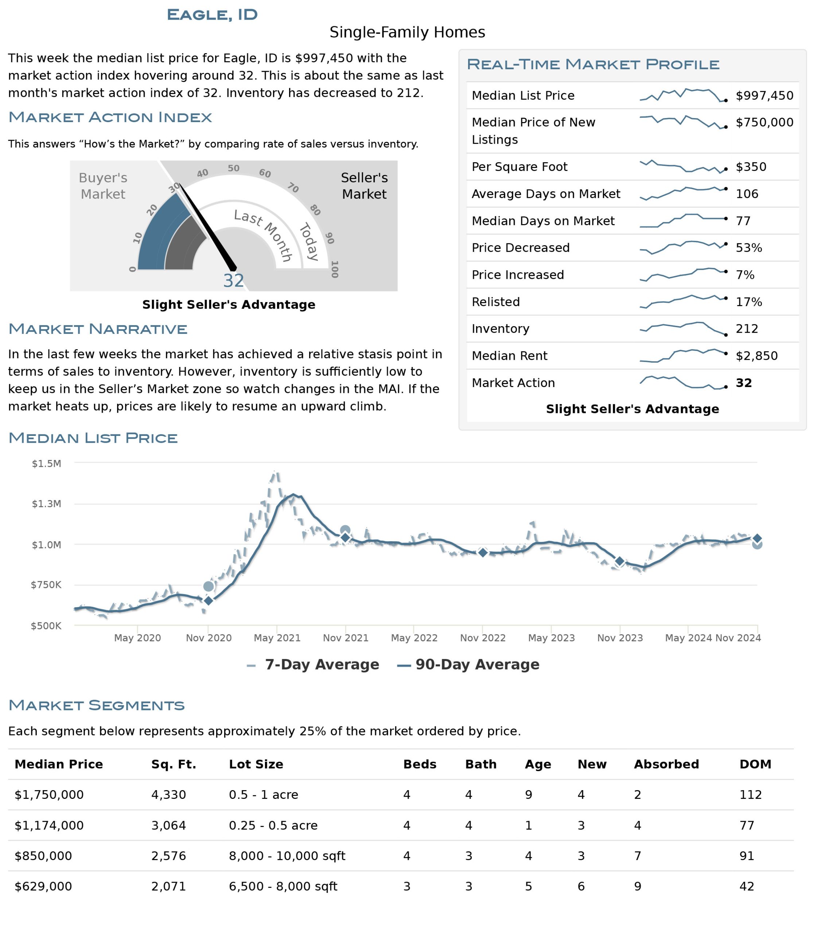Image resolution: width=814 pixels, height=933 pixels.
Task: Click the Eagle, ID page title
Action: pyautogui.click(x=212, y=15)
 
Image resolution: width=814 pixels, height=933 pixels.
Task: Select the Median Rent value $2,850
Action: pyautogui.click(x=757, y=356)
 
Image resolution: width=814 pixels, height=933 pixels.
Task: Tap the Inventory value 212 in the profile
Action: pyautogui.click(x=747, y=328)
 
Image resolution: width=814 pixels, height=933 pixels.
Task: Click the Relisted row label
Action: pyautogui.click(x=495, y=302)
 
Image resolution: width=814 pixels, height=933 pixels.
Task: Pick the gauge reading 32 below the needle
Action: pyautogui.click(x=233, y=281)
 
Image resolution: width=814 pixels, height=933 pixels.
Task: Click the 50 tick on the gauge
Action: pyautogui.click(x=233, y=168)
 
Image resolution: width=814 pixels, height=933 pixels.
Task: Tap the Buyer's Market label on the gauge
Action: pyautogui.click(x=103, y=186)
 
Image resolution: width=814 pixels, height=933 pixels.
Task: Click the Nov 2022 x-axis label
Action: pyautogui.click(x=483, y=638)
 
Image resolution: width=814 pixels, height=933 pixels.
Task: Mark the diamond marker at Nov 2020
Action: pyautogui.click(x=209, y=601)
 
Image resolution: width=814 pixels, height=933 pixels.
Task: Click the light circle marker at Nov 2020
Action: pyautogui.click(x=209, y=586)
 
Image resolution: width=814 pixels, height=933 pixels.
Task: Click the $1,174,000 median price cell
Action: pyautogui.click(x=49, y=825)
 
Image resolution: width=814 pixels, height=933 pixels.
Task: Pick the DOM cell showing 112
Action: pyautogui.click(x=751, y=795)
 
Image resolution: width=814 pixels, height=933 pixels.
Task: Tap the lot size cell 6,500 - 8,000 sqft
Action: pyautogui.click(x=283, y=886)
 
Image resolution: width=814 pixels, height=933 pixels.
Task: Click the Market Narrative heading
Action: pyautogui.click(x=98, y=329)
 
